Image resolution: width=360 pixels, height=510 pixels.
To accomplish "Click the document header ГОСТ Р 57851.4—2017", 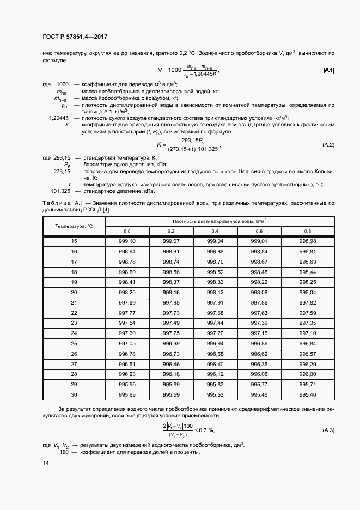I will (x=75, y=37).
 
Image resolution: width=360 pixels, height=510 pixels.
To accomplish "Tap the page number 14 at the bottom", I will (x=46, y=463).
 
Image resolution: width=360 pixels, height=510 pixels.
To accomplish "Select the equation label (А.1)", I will (x=329, y=71).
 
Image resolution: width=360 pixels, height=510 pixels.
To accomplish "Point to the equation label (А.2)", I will (x=328, y=144).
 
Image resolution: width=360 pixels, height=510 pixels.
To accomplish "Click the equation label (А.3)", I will (x=328, y=430).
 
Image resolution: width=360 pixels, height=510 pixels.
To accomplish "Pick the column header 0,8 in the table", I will (x=308, y=232).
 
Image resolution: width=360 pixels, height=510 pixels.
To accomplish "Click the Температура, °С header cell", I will (x=74, y=226).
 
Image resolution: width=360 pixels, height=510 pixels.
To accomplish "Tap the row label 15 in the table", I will (x=74, y=241).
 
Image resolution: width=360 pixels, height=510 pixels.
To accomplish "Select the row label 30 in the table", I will (x=74, y=394).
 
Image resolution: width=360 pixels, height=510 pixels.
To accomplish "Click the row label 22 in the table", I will (x=74, y=313).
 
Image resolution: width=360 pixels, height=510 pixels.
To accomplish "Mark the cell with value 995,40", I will (x=308, y=394).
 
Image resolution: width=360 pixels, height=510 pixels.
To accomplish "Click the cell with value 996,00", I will (x=308, y=374).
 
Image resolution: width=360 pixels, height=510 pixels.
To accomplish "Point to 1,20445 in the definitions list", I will (x=59, y=118).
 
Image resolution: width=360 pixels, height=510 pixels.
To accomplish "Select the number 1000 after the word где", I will (x=63, y=84).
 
